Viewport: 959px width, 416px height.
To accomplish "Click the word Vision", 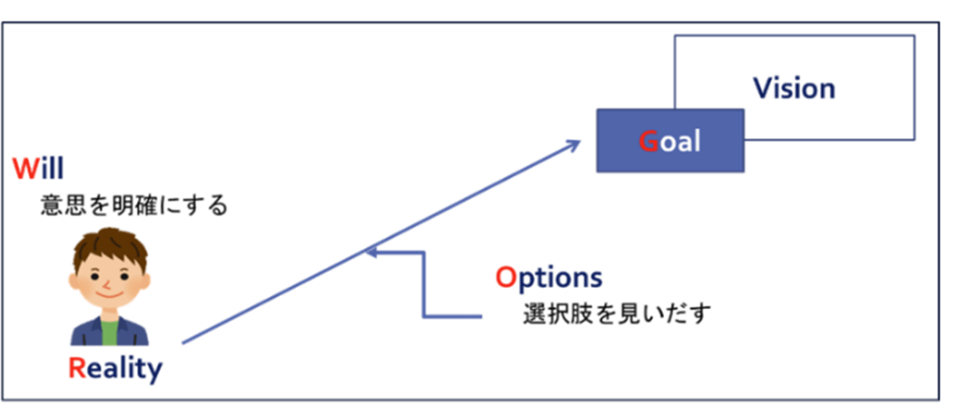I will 794,88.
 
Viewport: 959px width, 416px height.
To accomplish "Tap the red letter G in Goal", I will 648,141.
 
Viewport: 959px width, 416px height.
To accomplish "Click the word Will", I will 38,168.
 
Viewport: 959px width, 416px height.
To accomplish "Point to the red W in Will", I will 26,169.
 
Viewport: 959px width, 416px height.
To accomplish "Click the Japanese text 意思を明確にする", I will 135,205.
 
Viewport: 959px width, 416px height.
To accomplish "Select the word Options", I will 549,278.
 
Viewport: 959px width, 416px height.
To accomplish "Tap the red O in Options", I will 506,278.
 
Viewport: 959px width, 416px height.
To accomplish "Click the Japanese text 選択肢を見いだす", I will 617,313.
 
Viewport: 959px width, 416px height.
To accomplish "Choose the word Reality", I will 115,368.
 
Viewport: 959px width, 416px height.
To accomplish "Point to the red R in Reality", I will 77,368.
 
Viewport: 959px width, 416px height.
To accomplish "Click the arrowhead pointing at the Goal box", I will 574,145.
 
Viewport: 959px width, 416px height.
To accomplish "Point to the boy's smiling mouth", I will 110,294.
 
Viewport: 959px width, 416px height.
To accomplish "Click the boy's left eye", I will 95,276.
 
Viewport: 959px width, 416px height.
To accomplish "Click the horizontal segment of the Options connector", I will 452,316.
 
